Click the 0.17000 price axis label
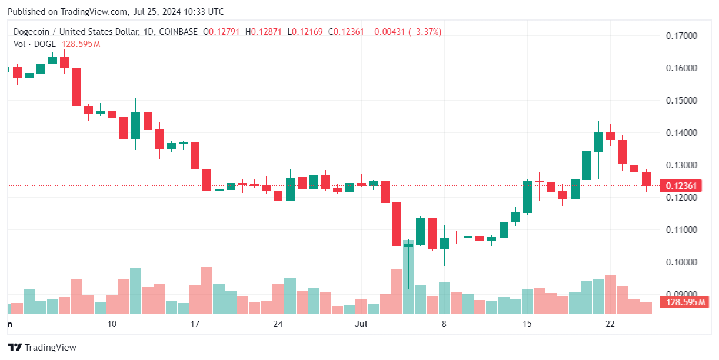[x=681, y=36]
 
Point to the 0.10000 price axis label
[x=681, y=262]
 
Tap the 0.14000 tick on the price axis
[x=681, y=133]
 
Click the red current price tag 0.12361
[x=683, y=186]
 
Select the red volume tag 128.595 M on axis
[x=685, y=302]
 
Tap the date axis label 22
[x=610, y=324]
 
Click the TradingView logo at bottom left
[x=42, y=348]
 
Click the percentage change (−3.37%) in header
[x=421, y=32]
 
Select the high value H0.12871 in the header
[x=265, y=32]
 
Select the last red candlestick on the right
[x=646, y=179]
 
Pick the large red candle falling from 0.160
[x=76, y=87]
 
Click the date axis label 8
[x=444, y=324]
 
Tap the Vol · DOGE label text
[x=35, y=44]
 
